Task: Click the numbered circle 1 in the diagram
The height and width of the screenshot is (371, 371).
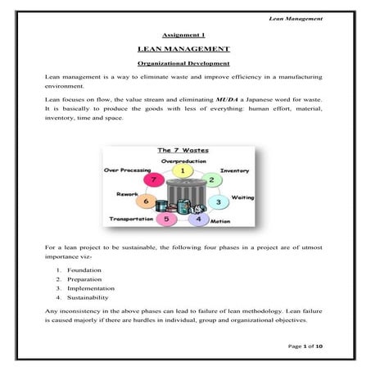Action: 185,170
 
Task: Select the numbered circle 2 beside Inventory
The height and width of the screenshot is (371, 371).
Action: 211,180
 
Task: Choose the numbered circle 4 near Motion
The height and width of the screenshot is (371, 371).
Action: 197,219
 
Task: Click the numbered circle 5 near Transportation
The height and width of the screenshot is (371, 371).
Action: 167,219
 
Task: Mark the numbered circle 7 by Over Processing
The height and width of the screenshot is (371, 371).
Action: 151,179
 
